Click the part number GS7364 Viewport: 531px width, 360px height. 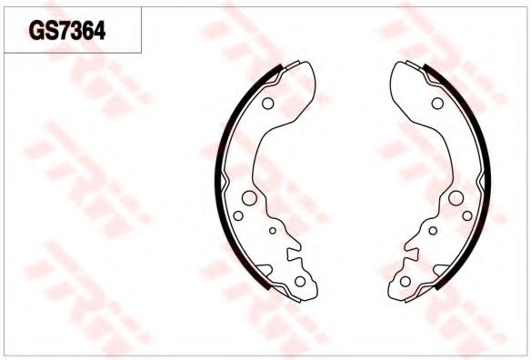67,31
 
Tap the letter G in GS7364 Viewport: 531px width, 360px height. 35,31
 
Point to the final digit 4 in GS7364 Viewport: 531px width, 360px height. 99,31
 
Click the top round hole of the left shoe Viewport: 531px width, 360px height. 268,104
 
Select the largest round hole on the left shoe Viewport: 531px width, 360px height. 249,198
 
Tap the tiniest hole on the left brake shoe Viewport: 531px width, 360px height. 273,231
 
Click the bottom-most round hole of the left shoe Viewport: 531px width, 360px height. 300,281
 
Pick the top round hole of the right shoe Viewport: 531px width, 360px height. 437,104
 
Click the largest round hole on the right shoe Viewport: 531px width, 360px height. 456,198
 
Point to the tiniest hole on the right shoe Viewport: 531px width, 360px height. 433,231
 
